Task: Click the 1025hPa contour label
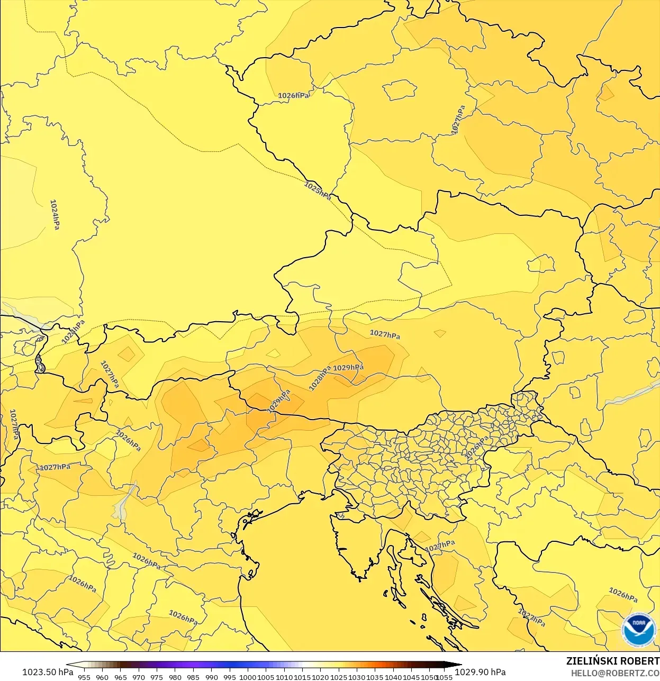click(318, 190)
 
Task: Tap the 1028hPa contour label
click(319, 378)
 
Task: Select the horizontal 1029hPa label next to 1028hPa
click(348, 367)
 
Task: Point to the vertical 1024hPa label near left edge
click(55, 214)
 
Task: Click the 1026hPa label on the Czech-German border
click(293, 96)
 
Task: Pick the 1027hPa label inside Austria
click(385, 334)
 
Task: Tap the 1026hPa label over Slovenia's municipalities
click(476, 448)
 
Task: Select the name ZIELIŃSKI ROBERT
click(612, 661)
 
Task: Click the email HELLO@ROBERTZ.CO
click(614, 673)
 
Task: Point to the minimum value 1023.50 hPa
click(48, 672)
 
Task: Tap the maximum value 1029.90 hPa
click(480, 672)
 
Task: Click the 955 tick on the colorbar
click(84, 677)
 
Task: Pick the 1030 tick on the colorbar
click(357, 677)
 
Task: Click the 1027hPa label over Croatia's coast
click(440, 546)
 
